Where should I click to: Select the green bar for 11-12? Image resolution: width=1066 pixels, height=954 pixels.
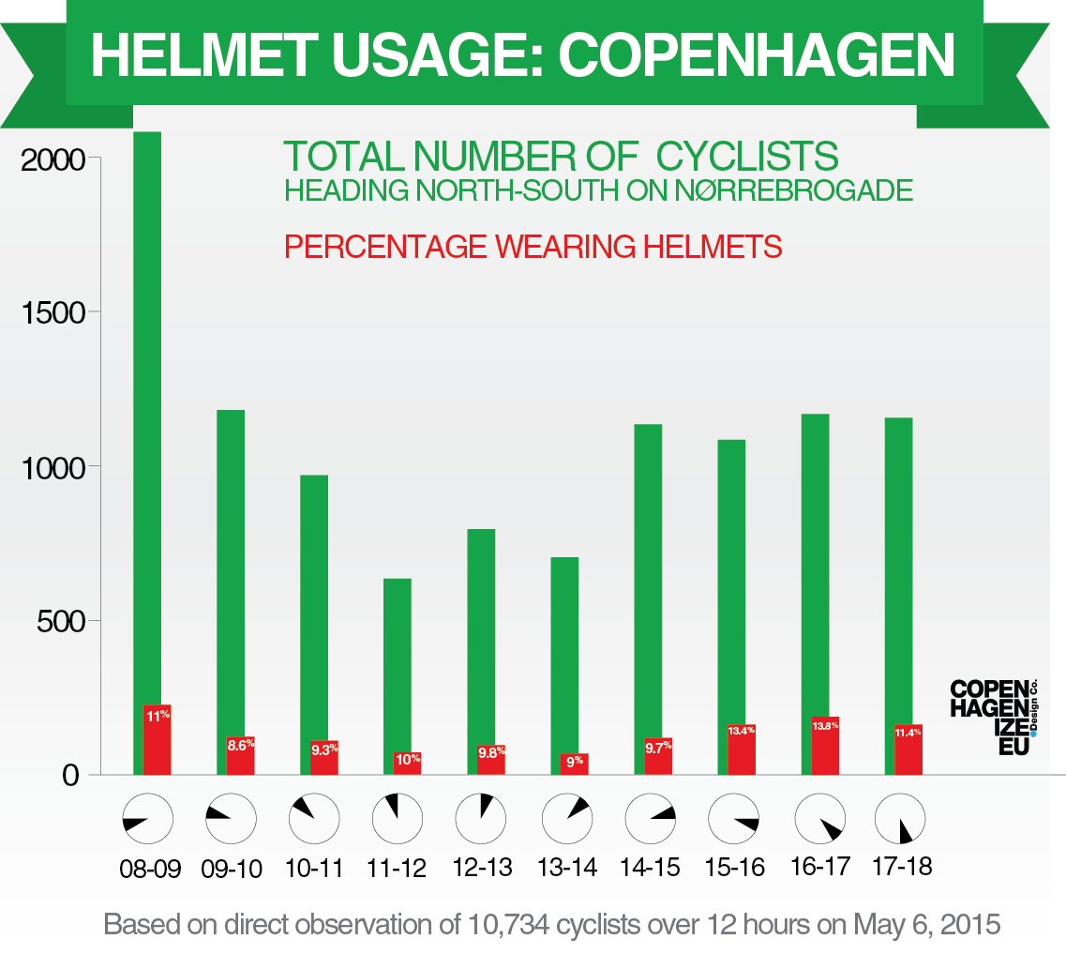[x=397, y=671]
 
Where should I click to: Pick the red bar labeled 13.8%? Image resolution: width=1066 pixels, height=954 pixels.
[x=825, y=745]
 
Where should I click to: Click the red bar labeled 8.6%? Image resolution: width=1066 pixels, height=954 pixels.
[x=241, y=755]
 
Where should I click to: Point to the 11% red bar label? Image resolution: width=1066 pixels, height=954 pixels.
[x=157, y=716]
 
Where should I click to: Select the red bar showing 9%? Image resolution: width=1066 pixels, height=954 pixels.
[x=575, y=763]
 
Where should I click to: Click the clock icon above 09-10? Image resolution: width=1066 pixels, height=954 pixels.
[x=231, y=818]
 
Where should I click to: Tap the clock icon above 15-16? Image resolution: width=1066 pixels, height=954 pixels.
[x=733, y=818]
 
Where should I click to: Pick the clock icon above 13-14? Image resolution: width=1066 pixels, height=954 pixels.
[x=566, y=818]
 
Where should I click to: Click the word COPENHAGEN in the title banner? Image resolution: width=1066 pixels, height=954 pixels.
[x=757, y=55]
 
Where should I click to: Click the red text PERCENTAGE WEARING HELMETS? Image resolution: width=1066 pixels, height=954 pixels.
[x=533, y=247]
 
